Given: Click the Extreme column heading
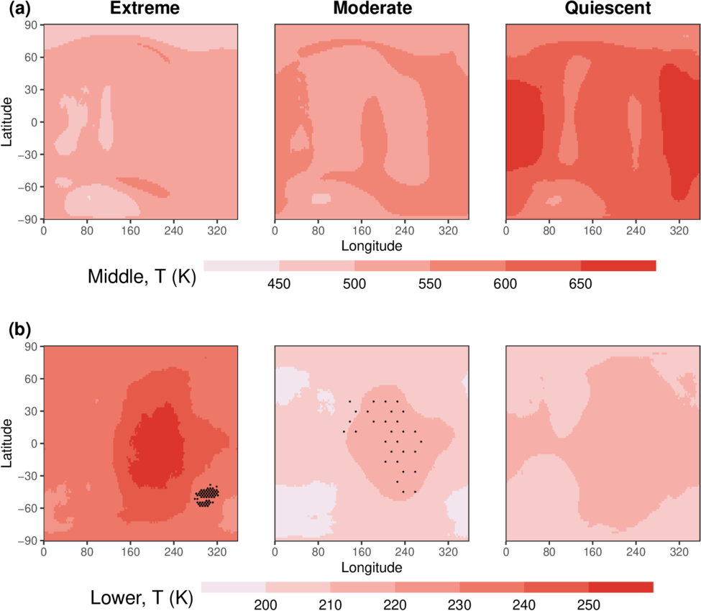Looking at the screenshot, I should click(x=140, y=10).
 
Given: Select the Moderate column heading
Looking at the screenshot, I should click(x=372, y=10).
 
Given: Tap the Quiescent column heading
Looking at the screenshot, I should click(x=603, y=10).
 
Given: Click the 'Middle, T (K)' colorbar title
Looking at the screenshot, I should click(x=142, y=276).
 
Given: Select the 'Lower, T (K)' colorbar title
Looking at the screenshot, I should click(x=144, y=597).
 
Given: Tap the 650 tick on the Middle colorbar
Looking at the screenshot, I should click(x=580, y=283).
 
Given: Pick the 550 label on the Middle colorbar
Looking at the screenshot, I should click(x=429, y=283).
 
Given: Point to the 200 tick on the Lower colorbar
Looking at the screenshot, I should click(x=265, y=605).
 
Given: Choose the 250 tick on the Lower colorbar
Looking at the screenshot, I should click(x=588, y=605).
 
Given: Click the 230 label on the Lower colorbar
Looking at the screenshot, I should click(x=459, y=605).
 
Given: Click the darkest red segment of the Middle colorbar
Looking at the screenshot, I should click(x=618, y=266).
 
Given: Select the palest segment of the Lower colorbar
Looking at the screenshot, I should click(x=233, y=587).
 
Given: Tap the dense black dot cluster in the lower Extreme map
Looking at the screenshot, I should click(x=208, y=495).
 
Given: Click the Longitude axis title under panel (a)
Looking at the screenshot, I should click(x=372, y=246).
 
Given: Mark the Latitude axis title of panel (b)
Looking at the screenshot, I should click(x=6, y=443).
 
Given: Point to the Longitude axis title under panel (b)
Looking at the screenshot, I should click(x=372, y=568).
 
